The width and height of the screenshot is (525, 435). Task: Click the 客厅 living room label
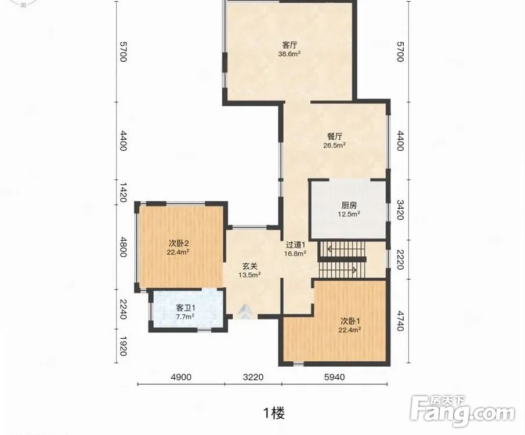coord(289,45)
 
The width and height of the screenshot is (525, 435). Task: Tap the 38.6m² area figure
coord(289,54)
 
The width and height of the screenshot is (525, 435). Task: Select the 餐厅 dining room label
coord(335,137)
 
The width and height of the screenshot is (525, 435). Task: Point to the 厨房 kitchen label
coord(349,205)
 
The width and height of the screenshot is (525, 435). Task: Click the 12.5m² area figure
coord(349,215)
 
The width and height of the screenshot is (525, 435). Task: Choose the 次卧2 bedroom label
coord(178,243)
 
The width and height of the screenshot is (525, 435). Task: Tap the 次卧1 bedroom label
coord(350,321)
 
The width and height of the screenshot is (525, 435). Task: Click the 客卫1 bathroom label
coord(186,308)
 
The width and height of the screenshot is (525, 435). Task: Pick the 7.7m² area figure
coord(186,317)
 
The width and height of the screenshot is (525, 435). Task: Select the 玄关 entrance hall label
coord(250,266)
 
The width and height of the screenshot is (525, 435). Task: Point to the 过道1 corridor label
coord(295,245)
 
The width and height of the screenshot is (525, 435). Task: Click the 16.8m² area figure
coord(295,254)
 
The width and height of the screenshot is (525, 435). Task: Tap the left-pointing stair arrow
coord(346,249)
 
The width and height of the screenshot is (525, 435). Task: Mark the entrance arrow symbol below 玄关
coord(247,311)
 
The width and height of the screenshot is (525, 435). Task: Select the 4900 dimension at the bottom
coord(181,378)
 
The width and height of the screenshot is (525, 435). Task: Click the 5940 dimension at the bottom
coord(334,378)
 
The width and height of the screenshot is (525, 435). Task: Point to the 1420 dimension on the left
coord(123,193)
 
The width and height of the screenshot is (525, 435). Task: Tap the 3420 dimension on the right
coord(400,210)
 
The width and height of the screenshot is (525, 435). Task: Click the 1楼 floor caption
coord(274,413)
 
